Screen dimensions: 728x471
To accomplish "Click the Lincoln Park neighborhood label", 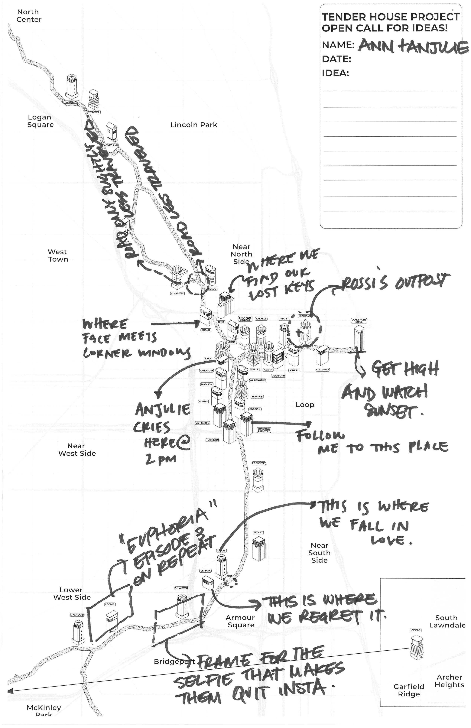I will (x=194, y=125).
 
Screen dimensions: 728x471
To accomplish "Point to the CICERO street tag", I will (x=416, y=630).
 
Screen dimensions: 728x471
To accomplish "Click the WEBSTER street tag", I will (x=94, y=112).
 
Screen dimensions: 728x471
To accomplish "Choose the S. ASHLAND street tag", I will (x=77, y=615).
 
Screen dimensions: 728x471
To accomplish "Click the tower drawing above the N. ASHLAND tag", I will (x=72, y=86).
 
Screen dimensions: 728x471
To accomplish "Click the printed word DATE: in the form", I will (x=336, y=59).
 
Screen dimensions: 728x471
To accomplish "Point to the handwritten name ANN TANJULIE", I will (x=413, y=47).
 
